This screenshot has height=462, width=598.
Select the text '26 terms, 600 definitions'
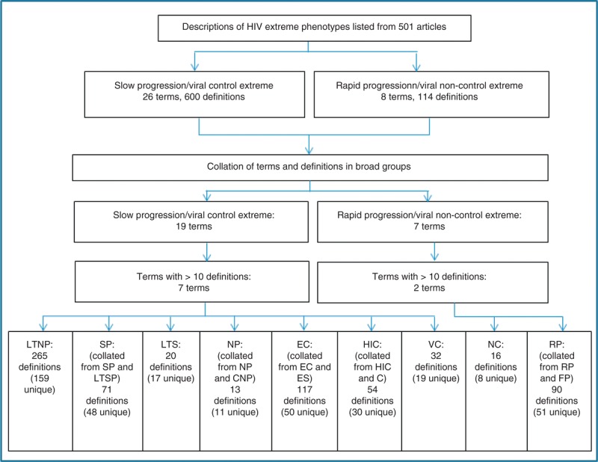(194, 97)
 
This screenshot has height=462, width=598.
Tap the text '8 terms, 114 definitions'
(429, 97)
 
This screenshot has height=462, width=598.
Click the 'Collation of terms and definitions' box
(310, 167)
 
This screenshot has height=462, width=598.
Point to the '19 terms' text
(194, 227)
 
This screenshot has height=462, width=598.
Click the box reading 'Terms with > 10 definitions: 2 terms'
(433, 283)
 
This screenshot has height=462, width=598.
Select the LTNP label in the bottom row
(40, 345)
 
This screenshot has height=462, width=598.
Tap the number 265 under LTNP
(40, 356)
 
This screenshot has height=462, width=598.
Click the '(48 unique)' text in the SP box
(107, 412)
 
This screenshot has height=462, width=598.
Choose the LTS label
(170, 345)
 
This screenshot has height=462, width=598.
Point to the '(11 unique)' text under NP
(235, 412)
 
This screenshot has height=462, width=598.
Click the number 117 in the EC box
(304, 389)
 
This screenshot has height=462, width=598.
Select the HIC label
(372, 345)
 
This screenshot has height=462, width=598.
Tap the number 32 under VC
(436, 356)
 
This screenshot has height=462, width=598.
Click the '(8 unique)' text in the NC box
(496, 378)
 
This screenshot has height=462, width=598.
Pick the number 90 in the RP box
(556, 389)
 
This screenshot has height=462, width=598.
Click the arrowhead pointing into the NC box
(495, 327)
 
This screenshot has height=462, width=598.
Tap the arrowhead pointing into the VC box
(434, 327)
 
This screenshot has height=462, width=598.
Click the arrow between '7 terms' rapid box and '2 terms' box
(434, 252)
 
